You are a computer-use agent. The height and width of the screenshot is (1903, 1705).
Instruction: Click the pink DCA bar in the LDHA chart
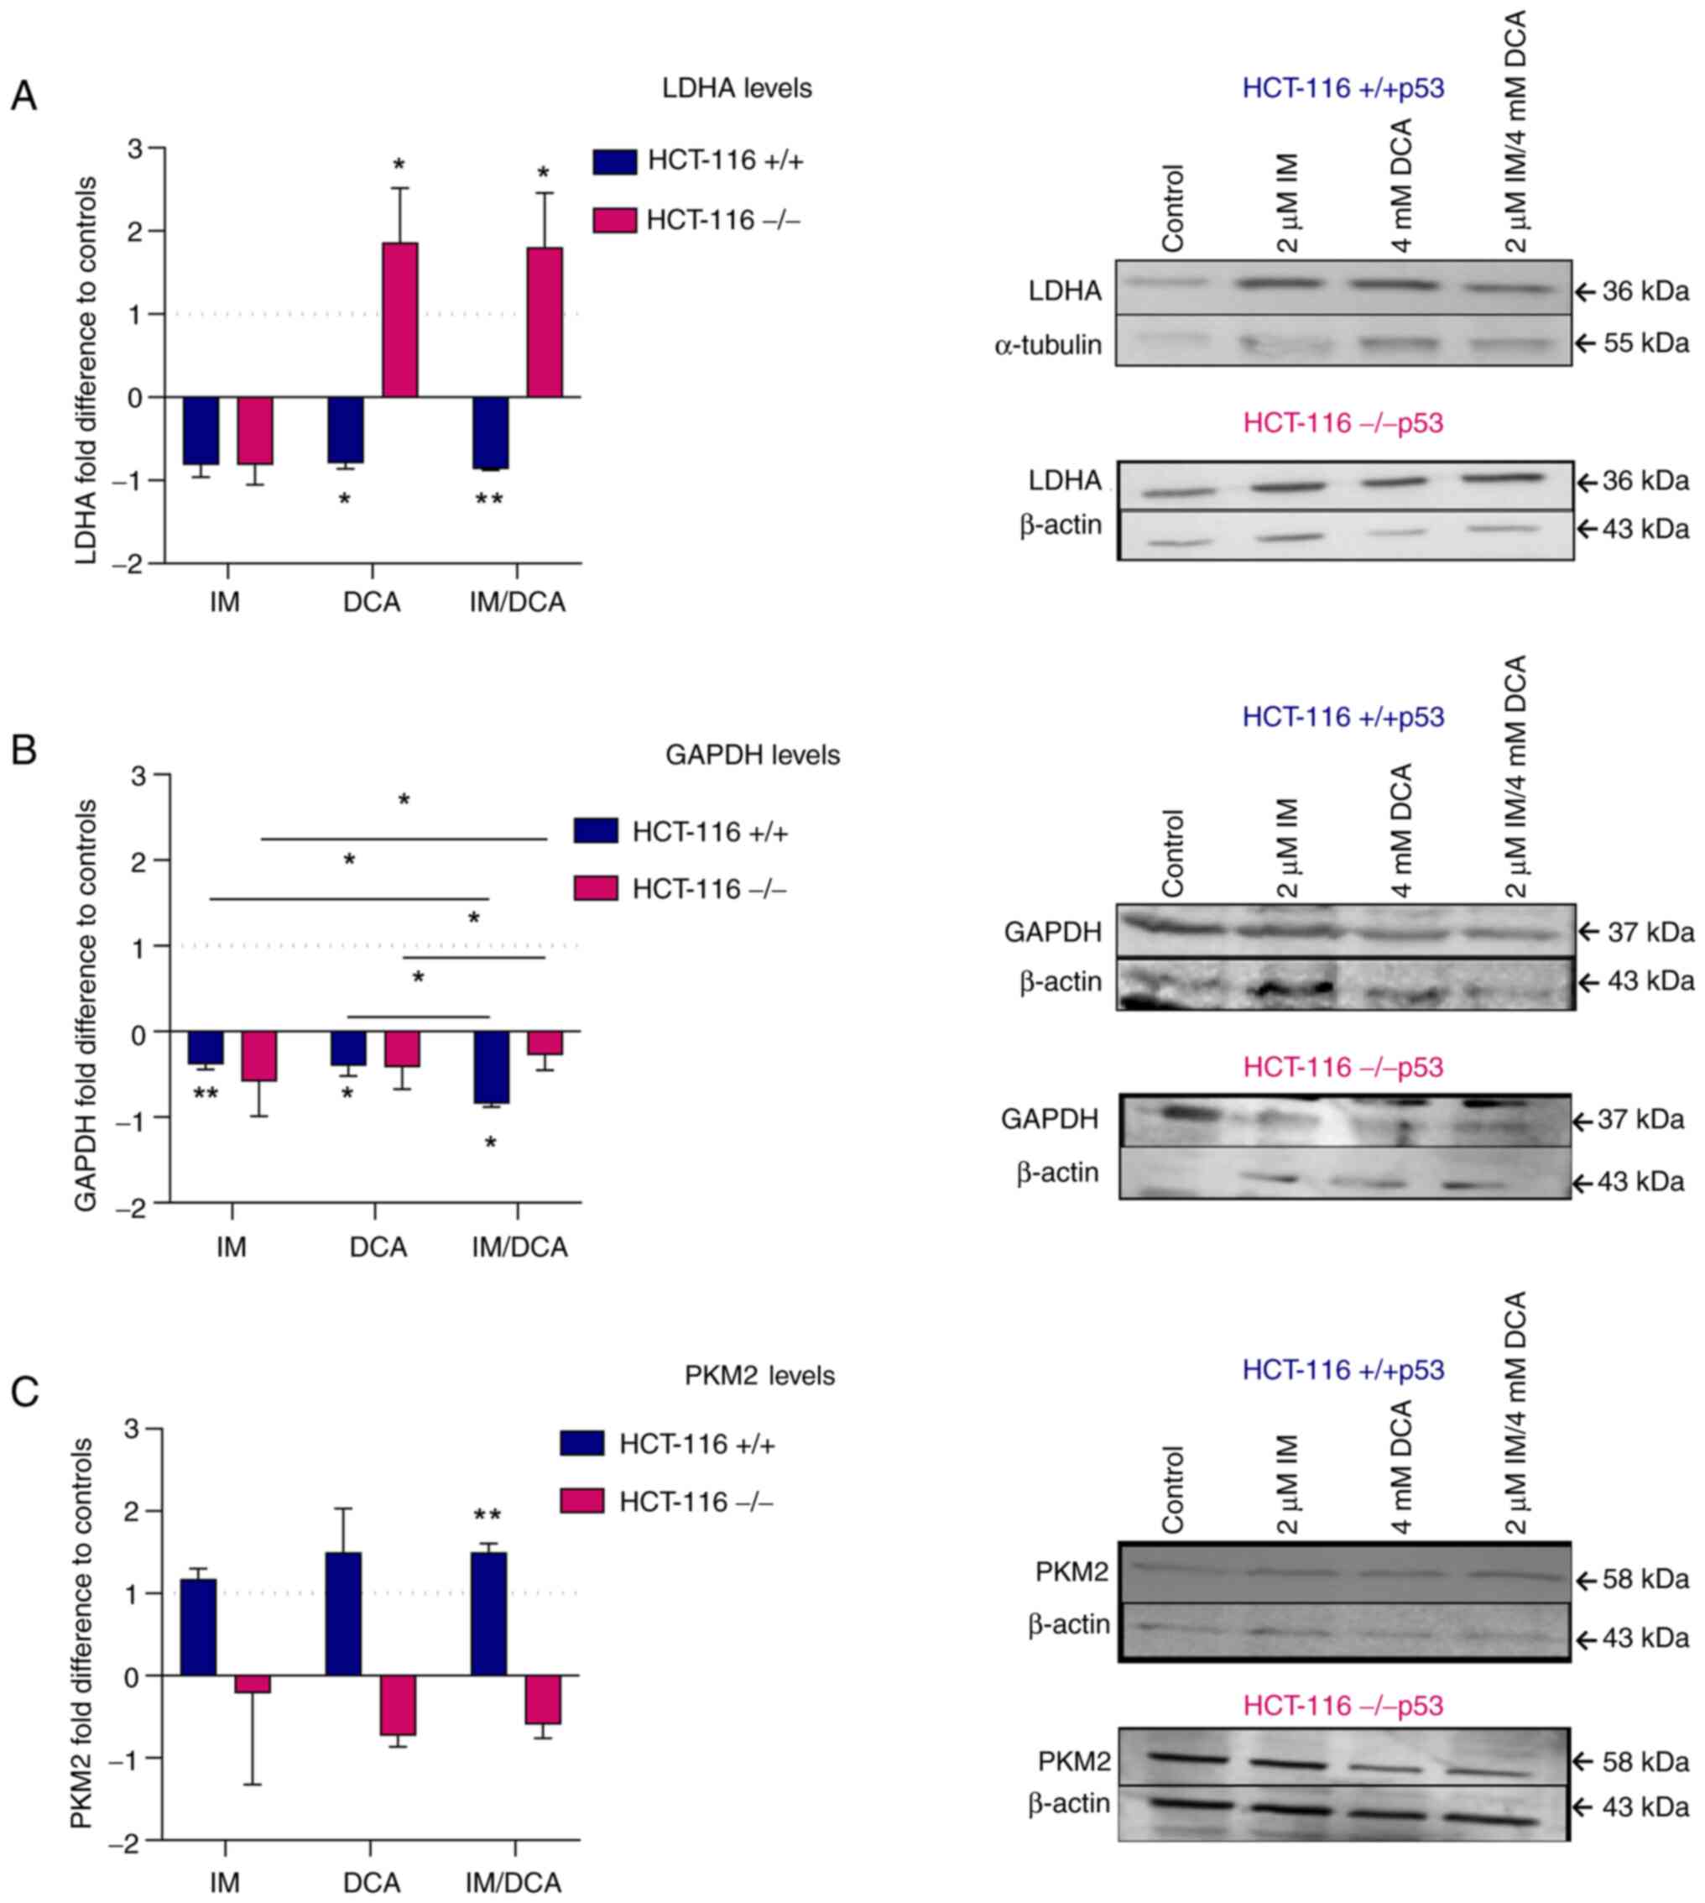pos(400,320)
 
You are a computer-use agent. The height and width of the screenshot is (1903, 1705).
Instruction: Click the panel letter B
pos(23,750)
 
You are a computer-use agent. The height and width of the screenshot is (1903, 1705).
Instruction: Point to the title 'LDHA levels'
pos(737,89)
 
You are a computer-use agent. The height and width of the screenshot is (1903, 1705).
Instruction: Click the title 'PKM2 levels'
pos(759,1376)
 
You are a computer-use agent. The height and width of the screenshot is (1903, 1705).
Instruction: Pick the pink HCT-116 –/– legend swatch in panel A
pos(614,221)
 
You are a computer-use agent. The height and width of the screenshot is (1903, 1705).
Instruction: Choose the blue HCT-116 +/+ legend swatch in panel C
pos(581,1444)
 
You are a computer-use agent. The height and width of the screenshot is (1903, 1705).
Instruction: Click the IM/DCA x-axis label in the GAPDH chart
pos(517,1248)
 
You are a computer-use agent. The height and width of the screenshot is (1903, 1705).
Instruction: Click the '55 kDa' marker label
pos(1645,344)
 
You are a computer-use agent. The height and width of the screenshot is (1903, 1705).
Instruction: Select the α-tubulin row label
pos(1047,345)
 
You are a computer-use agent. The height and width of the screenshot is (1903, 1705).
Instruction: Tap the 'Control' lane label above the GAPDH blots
pos(1172,853)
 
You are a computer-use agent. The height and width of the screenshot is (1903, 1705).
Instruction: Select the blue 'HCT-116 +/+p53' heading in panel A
pos(1343,89)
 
